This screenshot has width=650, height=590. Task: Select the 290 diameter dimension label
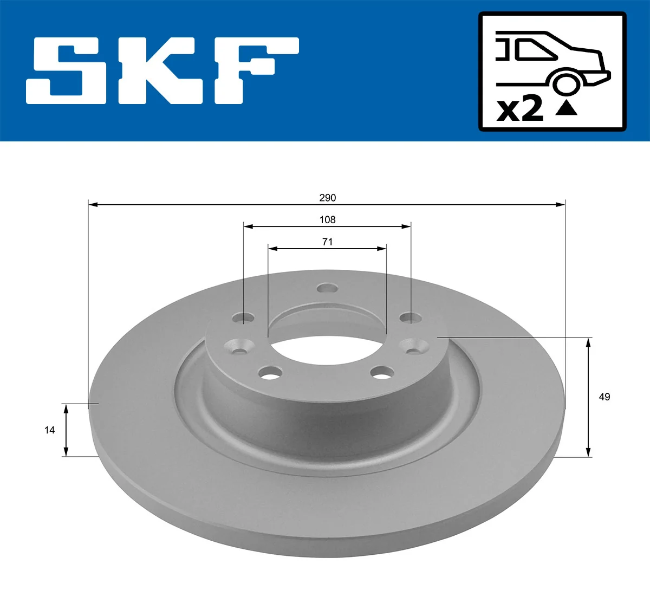pos(327,198)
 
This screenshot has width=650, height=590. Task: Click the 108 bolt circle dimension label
pos(327,219)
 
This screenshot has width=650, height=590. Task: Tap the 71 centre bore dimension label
pos(327,242)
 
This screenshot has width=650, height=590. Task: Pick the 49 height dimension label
pos(604,397)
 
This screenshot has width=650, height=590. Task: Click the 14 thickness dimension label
pos(49,430)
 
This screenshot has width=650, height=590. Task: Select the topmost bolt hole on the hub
pos(327,288)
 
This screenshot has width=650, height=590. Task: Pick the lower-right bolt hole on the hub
pos(382,372)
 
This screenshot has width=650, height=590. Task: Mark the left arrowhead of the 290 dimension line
pos(93,204)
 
